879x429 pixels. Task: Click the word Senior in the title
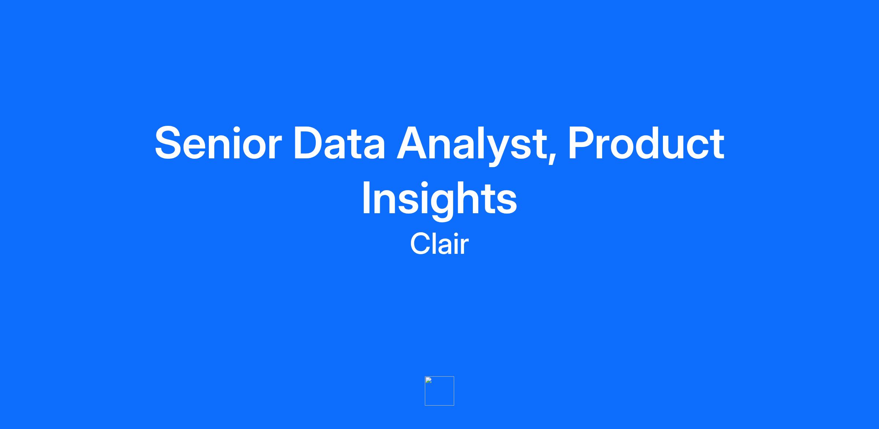coord(218,143)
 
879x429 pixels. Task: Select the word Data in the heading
coord(340,143)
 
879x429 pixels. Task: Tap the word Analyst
coord(473,146)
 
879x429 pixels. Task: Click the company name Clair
coord(439,244)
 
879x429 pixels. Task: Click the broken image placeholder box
coord(439,391)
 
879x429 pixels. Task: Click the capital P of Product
coord(582,143)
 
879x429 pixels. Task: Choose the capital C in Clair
coord(422,244)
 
